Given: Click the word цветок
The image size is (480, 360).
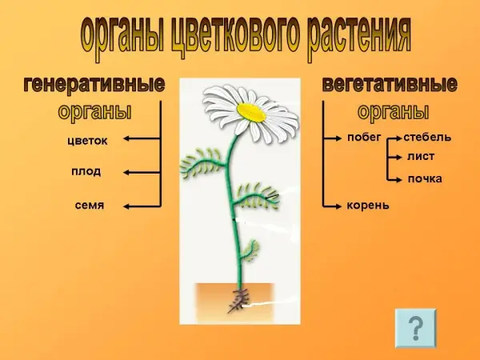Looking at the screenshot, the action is tap(87, 141).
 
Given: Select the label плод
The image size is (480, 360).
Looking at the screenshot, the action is tap(86, 171).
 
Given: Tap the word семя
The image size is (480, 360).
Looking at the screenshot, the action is tap(90, 205).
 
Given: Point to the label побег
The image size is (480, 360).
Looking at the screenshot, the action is tap(364, 137).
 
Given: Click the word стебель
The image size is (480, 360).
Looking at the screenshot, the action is tap(427, 137).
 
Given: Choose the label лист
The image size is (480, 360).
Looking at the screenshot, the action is tap(421, 157).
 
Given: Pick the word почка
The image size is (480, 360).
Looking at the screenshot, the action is tap(425, 178).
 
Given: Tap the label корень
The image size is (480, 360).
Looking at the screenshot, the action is tap(368, 205).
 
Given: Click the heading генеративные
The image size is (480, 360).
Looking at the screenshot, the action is tap(94, 84).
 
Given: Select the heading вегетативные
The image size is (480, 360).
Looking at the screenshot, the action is tap(390, 84).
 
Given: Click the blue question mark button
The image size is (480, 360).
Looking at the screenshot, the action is tap(415, 328).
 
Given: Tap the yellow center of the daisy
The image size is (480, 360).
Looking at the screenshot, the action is tap(252, 112).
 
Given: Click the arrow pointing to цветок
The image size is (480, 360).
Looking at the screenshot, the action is tap(142, 138).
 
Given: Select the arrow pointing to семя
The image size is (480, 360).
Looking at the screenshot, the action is tap(142, 206).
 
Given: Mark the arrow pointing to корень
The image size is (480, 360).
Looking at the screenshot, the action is tap(332, 206).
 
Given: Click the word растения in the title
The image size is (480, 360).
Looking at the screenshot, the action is tap(358, 36).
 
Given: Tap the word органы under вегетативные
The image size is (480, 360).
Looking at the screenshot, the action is tap(393, 112).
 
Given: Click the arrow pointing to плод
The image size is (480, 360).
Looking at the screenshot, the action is tap(142, 173).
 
